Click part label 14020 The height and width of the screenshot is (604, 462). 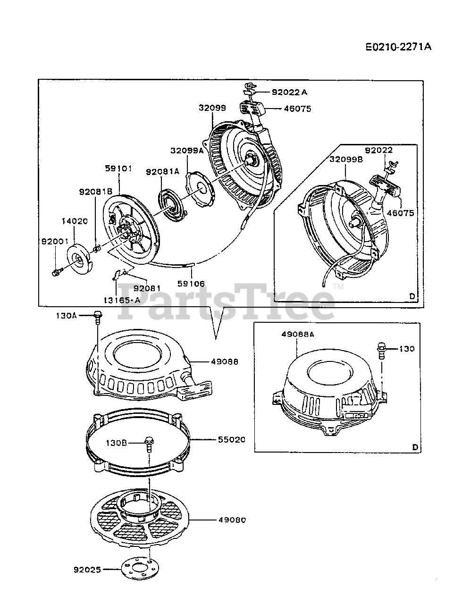[x=75, y=221]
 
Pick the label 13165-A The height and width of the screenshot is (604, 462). [x=122, y=300]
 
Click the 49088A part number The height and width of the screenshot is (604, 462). [x=298, y=334]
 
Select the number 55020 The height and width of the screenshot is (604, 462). [x=231, y=439]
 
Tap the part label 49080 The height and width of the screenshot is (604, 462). [x=232, y=520]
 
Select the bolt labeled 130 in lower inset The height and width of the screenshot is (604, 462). [x=381, y=351]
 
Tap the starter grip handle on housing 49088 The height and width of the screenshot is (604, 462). [x=195, y=389]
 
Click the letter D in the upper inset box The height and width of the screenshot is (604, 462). [x=412, y=296]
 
